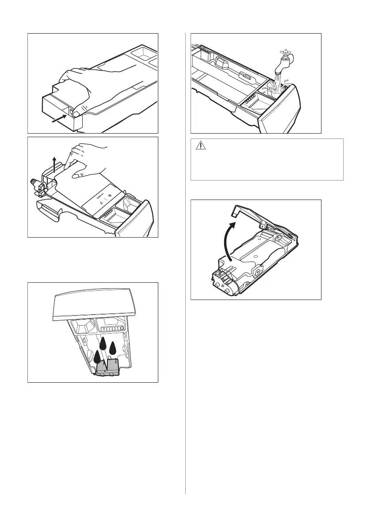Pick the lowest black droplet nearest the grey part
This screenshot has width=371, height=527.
click(98, 357)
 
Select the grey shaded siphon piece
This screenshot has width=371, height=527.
click(108, 367)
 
